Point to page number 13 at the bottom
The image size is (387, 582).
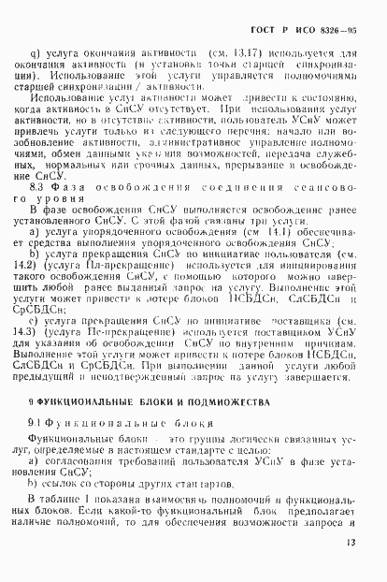tap(348, 566)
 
